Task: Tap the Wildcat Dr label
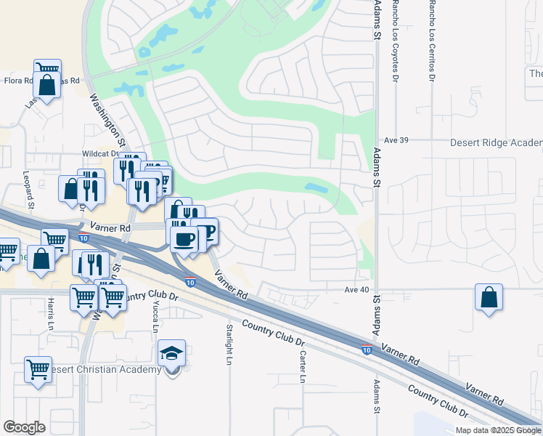[x=99, y=154]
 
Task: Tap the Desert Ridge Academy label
[x=497, y=142]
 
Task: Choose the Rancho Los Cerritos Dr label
[x=433, y=39]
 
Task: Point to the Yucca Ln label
[x=155, y=318]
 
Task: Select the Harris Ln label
[x=51, y=314]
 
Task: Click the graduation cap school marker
[x=172, y=354]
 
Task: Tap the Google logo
[x=24, y=427]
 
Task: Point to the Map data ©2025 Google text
[x=498, y=430]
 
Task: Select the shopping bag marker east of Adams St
[x=489, y=296]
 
